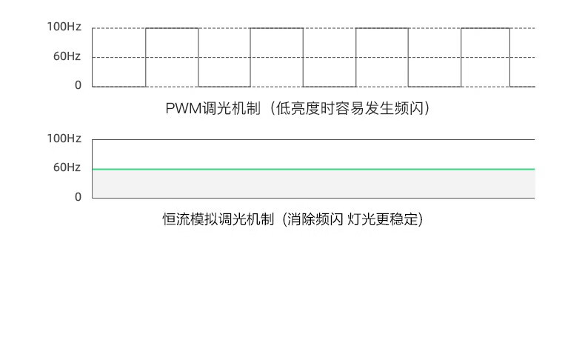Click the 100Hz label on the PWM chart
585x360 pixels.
click(64, 27)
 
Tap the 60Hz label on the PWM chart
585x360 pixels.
click(67, 56)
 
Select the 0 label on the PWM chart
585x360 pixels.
click(78, 85)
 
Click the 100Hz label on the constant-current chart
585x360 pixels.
click(64, 139)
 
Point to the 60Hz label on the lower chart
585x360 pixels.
click(67, 167)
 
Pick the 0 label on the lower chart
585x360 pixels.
click(78, 196)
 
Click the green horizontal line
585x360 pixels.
click(313, 170)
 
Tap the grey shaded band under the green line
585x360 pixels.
click(313, 184)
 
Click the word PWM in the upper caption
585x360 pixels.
click(184, 109)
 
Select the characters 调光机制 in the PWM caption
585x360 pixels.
click(231, 109)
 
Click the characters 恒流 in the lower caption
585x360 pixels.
click(176, 219)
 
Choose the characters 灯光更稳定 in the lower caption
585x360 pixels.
click(382, 219)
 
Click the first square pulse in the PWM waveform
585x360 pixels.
click(172, 28)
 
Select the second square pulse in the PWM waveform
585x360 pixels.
click(277, 28)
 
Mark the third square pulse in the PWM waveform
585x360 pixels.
click(382, 28)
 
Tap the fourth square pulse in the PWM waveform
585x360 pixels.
click(485, 28)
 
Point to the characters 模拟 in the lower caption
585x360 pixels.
click(204, 219)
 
